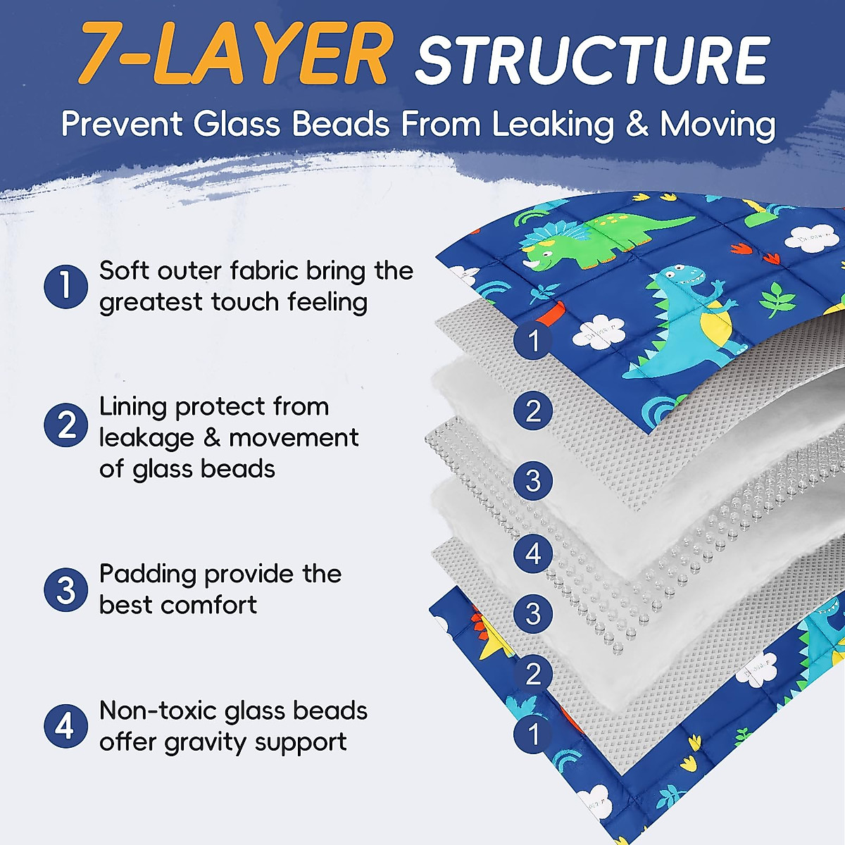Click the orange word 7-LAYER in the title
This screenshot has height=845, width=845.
[233, 55]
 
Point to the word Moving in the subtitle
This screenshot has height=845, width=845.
[718, 125]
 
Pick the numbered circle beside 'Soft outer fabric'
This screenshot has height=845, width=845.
[65, 286]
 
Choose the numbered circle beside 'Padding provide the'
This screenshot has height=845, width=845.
[65, 589]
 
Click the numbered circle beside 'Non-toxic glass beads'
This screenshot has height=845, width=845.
[65, 726]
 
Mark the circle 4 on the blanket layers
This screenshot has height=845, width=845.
[533, 553]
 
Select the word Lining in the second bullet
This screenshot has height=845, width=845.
[133, 407]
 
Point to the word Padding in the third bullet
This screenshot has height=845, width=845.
[147, 575]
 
